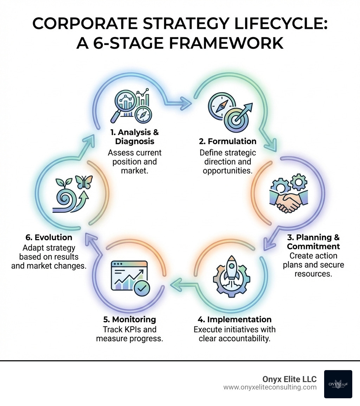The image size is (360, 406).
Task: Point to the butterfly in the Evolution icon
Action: (85, 183)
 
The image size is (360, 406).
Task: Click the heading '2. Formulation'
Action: (227, 141)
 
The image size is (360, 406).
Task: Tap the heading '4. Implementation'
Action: (234, 319)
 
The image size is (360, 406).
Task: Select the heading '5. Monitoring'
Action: (129, 319)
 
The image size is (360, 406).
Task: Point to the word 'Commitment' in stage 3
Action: (313, 246)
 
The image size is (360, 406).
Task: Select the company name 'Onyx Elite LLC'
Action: (289, 379)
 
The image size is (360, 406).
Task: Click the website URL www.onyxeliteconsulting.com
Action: (270, 387)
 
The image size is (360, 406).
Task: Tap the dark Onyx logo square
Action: (338, 384)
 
